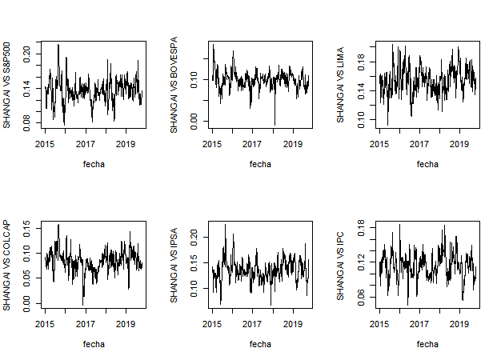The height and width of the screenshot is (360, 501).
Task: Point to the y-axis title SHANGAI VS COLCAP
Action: [x=6, y=265]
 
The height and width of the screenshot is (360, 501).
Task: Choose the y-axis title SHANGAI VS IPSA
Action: [x=174, y=265]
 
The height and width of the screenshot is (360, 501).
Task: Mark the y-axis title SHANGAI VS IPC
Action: [x=340, y=265]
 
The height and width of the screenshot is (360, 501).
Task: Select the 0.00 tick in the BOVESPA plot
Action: [x=194, y=120]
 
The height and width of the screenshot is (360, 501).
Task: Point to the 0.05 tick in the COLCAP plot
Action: [x=26, y=278]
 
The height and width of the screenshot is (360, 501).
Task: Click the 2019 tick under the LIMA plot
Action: [x=459, y=144]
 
